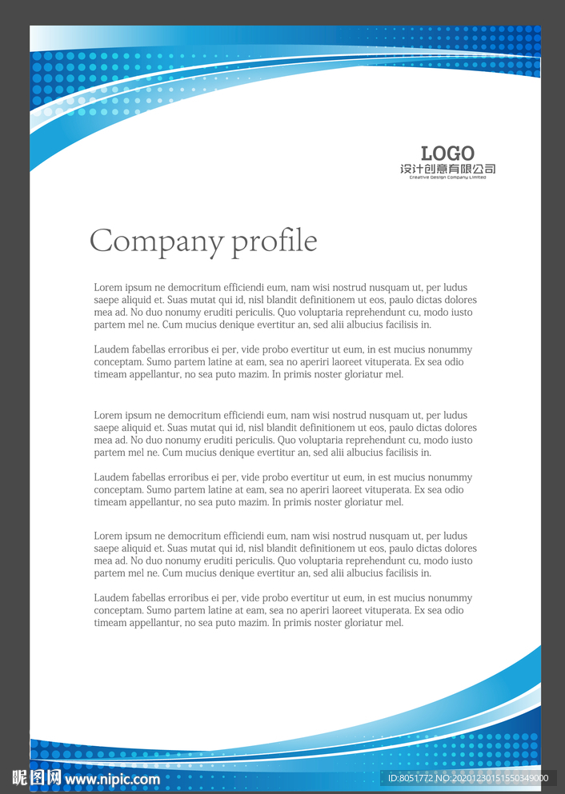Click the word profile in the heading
pos(274,241)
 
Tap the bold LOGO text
pos(447,153)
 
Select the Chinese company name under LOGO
pos(447,169)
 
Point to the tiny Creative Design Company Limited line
pos(447,178)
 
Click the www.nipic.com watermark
pos(112,779)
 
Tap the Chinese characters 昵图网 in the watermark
pos(36,778)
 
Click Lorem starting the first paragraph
pos(108,288)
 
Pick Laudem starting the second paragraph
pos(111,349)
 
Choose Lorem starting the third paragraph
pos(108,416)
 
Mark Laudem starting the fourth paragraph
pos(111,477)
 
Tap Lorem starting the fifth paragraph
pos(108,536)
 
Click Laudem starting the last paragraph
pos(111,598)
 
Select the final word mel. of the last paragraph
pos(395,623)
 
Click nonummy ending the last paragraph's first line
pos(449,598)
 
